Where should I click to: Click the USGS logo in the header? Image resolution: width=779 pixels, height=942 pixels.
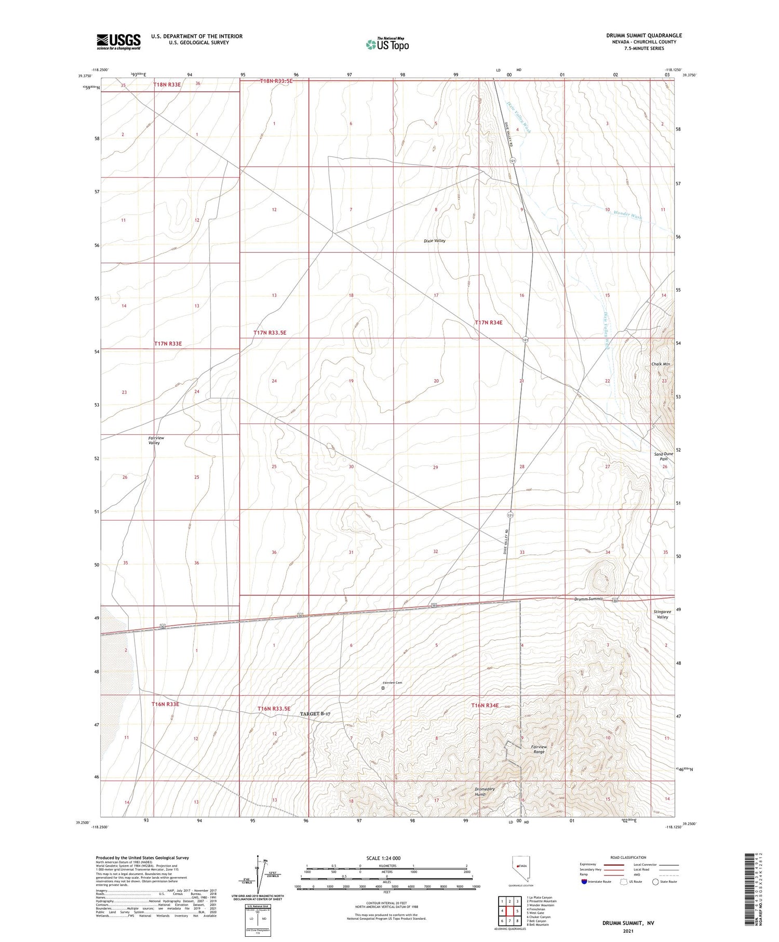(118, 41)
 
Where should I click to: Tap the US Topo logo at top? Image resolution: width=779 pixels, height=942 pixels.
(387, 44)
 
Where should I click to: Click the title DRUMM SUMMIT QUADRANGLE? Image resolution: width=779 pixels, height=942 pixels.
(644, 35)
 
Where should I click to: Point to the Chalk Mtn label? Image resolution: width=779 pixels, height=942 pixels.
(661, 364)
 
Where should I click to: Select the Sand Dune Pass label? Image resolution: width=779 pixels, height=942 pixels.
(663, 456)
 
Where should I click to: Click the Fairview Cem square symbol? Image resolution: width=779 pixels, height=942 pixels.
(383, 688)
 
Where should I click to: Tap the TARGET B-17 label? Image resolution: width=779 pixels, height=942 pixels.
(315, 714)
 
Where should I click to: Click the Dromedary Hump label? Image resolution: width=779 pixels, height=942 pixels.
(485, 792)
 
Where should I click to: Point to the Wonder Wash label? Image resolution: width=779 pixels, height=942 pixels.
(627, 215)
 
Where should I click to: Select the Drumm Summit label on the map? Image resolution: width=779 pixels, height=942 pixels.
(588, 599)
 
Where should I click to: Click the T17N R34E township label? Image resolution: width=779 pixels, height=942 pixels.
(488, 323)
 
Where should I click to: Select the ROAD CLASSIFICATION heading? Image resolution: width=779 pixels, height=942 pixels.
(628, 857)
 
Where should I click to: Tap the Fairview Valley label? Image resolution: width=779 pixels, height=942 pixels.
(156, 441)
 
